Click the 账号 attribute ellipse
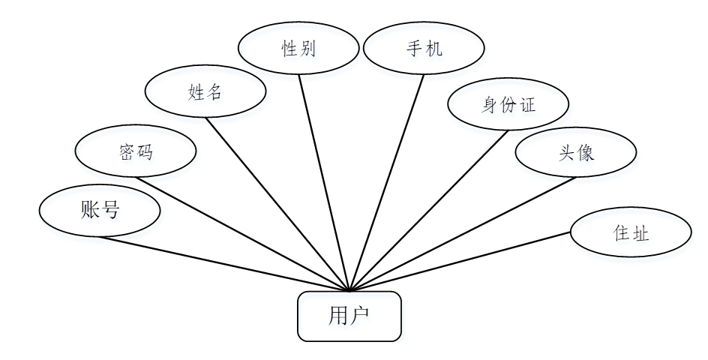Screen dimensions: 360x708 99,211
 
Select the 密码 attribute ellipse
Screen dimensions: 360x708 136,151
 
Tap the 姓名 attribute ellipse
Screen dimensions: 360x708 205,92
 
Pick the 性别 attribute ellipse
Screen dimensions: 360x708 298,49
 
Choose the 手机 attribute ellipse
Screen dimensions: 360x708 424,49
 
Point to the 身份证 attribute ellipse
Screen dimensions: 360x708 508,104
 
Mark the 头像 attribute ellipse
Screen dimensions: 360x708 576,153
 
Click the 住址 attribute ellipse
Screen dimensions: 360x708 631,232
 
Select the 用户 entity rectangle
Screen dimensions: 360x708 349,316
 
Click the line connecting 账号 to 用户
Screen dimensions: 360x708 225,263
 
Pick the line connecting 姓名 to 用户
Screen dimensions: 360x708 277,204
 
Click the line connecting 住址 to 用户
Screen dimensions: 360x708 460,261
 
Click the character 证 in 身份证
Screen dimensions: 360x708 528,104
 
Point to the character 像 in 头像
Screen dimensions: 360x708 586,153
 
